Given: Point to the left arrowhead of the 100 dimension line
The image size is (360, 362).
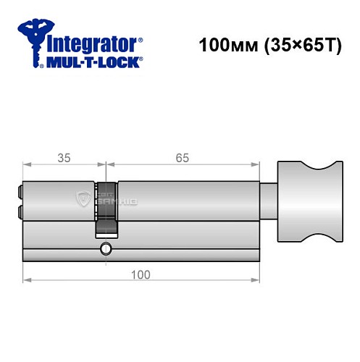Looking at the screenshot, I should click(26, 279).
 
